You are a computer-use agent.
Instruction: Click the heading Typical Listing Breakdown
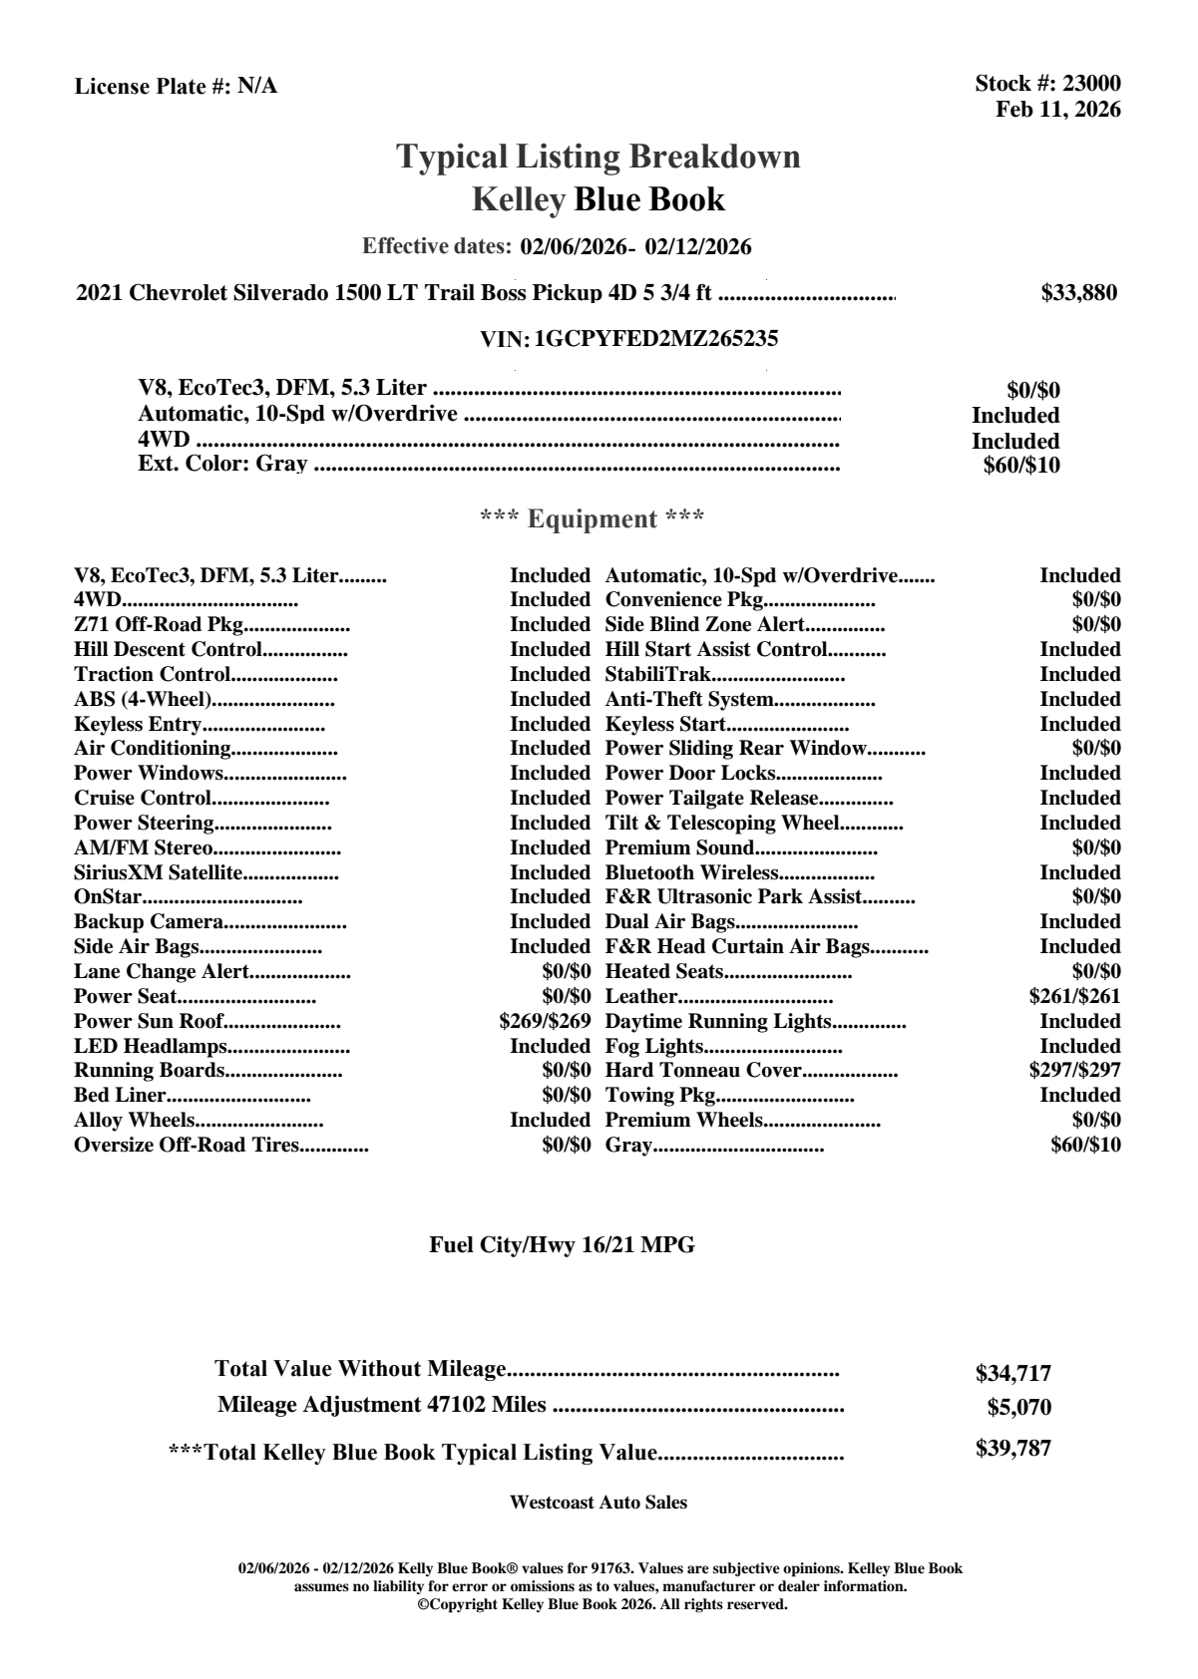599,157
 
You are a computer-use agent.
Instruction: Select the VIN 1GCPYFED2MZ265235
655,338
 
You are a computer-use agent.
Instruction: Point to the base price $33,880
1078,292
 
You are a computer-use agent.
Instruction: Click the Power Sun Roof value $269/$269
545,1021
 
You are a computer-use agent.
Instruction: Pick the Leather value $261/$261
1074,996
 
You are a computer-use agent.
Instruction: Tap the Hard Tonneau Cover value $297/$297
1074,1070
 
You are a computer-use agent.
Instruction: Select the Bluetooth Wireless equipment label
691,872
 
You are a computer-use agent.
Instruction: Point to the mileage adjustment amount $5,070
1018,1408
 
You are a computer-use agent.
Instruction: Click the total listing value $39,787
1012,1449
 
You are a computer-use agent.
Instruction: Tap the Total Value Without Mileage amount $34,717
1012,1373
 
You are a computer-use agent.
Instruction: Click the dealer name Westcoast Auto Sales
599,1502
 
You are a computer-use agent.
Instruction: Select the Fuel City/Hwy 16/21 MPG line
562,1244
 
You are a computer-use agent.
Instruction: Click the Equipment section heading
592,518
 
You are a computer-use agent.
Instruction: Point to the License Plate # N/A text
176,86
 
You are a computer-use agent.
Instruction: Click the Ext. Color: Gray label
222,464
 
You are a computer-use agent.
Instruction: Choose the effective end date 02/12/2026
698,246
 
